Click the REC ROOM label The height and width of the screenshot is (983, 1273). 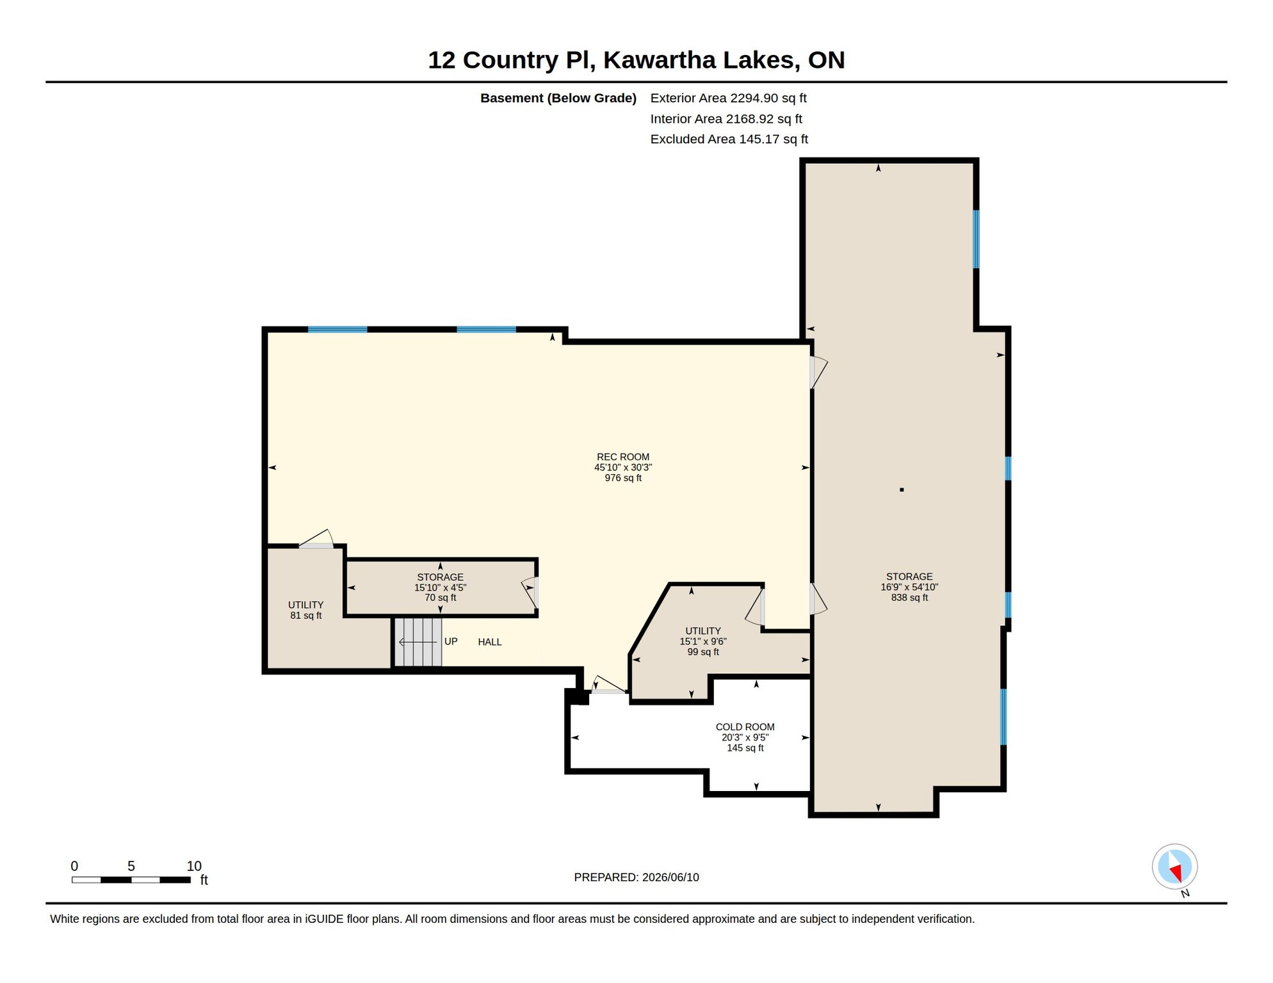click(622, 457)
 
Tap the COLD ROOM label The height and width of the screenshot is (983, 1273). click(745, 727)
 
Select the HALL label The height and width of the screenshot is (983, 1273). click(490, 642)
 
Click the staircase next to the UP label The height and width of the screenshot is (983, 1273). click(418, 642)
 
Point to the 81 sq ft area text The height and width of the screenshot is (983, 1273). click(305, 616)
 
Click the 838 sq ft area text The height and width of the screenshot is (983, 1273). click(909, 598)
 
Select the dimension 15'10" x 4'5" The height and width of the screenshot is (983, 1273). click(440, 587)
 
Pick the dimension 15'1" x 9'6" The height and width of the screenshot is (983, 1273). click(703, 641)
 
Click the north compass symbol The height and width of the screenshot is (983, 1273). click(1175, 867)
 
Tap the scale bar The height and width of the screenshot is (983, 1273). click(131, 880)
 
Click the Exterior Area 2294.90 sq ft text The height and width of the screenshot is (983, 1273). click(728, 98)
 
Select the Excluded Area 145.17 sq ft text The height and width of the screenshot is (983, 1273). click(729, 139)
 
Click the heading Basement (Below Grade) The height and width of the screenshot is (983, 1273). click(558, 98)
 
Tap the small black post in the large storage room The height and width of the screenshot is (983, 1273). click(902, 490)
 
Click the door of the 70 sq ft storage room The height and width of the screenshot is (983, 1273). click(530, 593)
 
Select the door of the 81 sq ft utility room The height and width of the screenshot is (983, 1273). click(316, 539)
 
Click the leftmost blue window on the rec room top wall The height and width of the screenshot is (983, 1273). click(337, 330)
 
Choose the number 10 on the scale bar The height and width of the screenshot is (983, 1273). click(194, 866)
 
